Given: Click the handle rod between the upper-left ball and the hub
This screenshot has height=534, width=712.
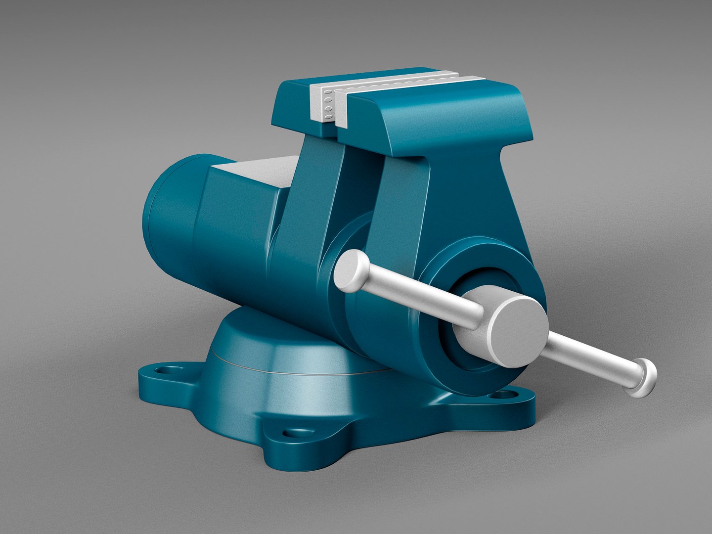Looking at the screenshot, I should (420, 296).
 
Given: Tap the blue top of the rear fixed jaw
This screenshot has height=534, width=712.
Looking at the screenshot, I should (292, 94).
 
